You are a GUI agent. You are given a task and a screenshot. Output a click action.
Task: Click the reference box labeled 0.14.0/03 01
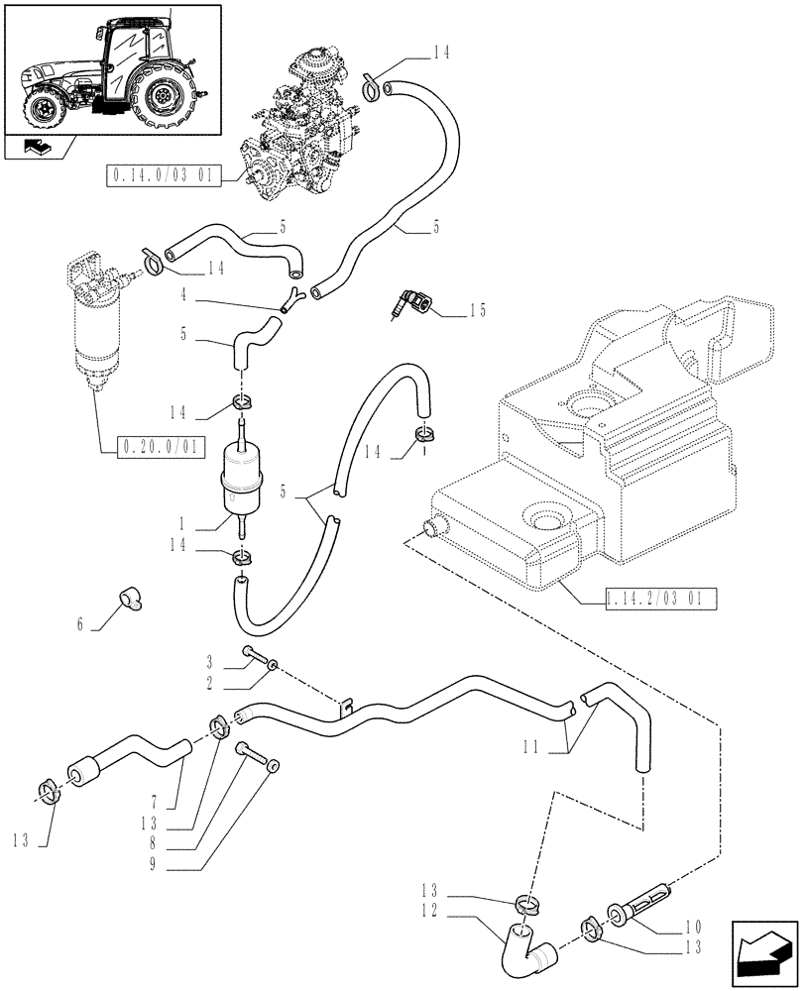[x=172, y=176]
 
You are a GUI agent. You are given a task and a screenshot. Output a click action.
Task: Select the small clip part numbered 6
[x=129, y=600]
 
